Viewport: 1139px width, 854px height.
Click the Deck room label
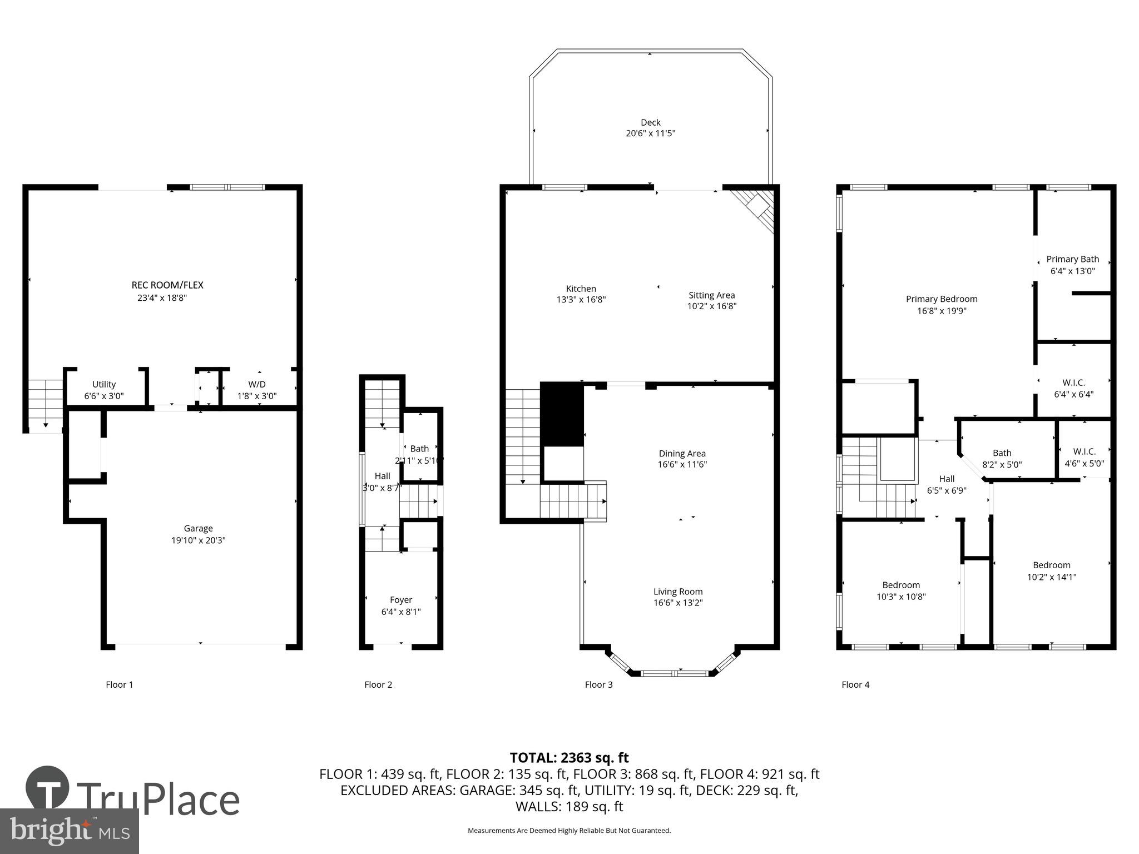click(650, 122)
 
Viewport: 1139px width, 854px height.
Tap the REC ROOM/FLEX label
click(167, 285)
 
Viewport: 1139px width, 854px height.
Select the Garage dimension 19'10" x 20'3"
click(199, 540)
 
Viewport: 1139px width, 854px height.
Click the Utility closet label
click(104, 384)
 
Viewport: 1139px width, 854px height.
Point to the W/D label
click(257, 384)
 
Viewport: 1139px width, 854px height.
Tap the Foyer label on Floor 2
click(401, 600)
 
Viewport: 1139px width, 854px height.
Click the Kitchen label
click(581, 289)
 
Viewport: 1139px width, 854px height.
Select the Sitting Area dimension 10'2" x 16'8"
click(711, 306)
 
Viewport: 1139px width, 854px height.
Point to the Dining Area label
click(682, 453)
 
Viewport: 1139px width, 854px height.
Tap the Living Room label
click(678, 592)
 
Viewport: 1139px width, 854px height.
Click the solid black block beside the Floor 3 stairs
click(562, 414)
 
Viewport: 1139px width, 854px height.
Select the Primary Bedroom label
click(941, 299)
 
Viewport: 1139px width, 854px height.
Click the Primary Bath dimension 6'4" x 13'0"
click(1072, 271)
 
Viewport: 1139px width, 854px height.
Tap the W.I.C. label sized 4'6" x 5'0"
click(1084, 451)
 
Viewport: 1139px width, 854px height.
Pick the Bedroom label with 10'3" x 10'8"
click(900, 585)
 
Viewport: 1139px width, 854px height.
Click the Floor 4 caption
click(855, 684)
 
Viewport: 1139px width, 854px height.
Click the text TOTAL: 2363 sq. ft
click(569, 758)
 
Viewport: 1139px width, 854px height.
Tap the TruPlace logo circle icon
click(47, 788)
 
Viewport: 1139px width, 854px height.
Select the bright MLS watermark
click(70, 831)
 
